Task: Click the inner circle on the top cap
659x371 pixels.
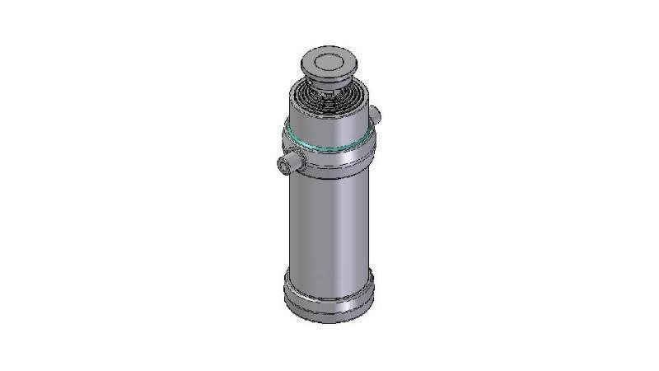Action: (328, 60)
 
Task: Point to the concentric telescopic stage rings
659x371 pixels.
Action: (328, 101)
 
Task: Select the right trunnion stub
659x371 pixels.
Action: (375, 113)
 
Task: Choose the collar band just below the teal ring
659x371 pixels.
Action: (329, 158)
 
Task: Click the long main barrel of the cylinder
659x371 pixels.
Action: (329, 223)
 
